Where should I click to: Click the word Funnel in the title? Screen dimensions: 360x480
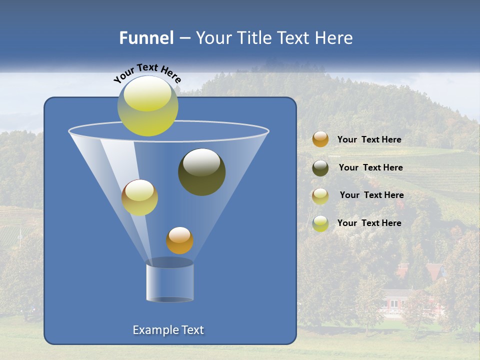[x=146, y=38]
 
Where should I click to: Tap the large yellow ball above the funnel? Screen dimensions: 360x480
[x=148, y=106]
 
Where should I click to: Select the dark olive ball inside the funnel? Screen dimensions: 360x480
[x=201, y=172]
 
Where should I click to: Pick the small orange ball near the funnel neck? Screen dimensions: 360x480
[x=179, y=240]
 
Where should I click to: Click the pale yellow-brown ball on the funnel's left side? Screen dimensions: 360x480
[x=139, y=197]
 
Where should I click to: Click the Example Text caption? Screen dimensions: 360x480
[x=168, y=330]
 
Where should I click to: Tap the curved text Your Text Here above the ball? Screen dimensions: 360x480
[x=147, y=73]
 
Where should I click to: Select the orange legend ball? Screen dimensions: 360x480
[x=320, y=139]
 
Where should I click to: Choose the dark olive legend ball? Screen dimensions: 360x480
[x=320, y=168]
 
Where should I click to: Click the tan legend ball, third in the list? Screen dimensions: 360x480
[x=320, y=196]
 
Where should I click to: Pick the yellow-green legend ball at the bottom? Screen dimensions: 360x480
[x=320, y=223]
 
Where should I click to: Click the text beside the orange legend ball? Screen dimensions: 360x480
[x=369, y=140]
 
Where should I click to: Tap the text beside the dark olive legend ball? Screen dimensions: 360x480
[x=370, y=168]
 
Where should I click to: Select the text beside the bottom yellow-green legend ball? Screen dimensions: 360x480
[x=369, y=223]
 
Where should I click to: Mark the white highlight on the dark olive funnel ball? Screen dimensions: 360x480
[x=201, y=162]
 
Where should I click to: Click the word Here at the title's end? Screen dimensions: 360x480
[x=333, y=38]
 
